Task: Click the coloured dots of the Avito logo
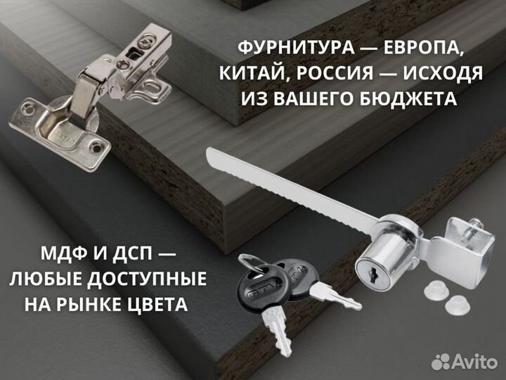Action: pyautogui.click(x=441, y=362)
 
